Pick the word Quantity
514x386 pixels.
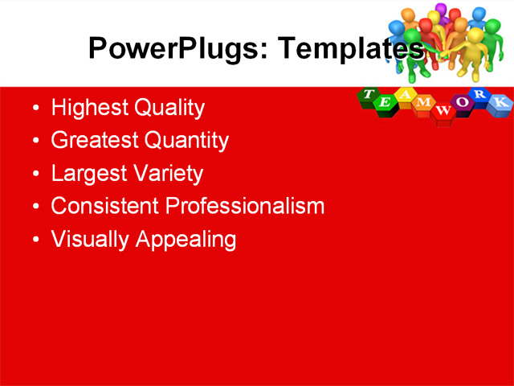click(186, 141)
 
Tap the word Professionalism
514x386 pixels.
click(245, 207)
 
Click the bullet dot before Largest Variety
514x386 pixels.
click(35, 175)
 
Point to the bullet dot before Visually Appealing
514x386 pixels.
click(35, 240)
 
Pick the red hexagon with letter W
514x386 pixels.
click(441, 111)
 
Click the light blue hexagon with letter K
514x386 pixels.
click(499, 102)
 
